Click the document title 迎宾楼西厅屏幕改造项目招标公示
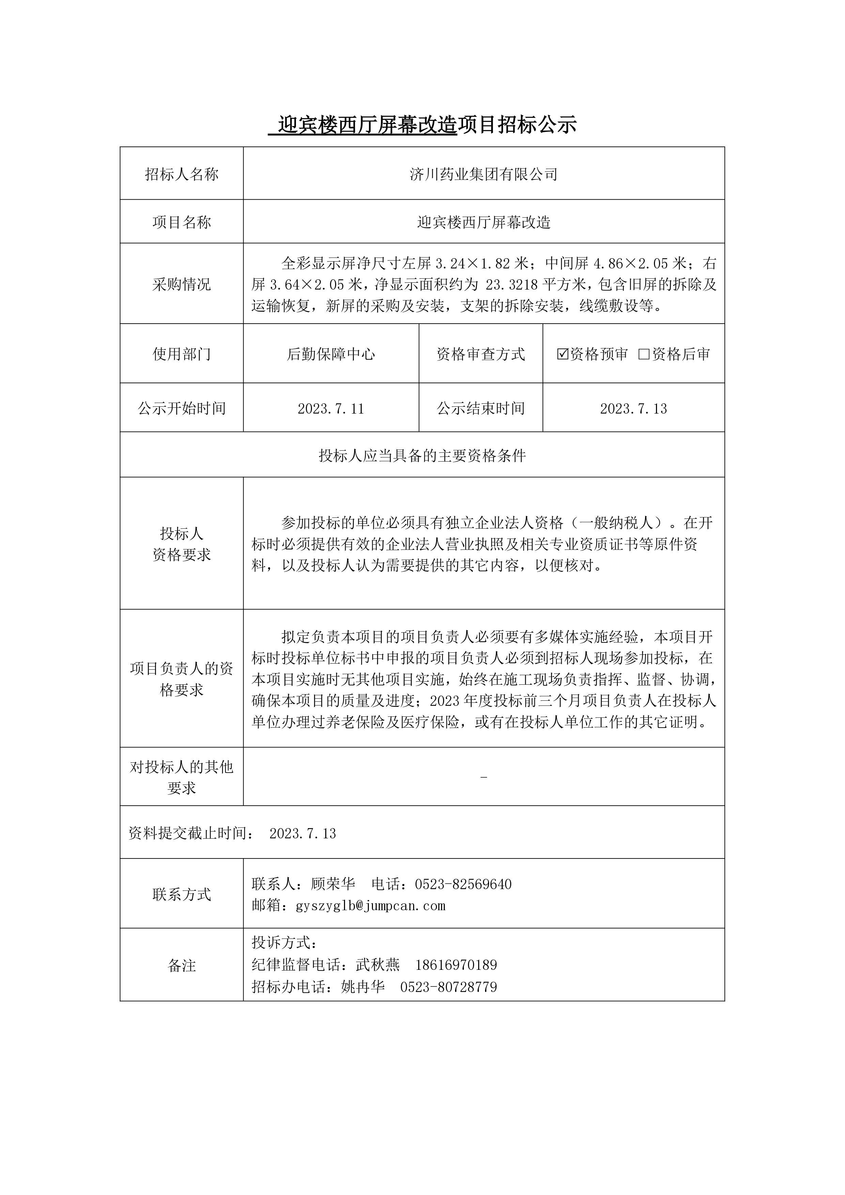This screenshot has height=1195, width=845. [x=422, y=125]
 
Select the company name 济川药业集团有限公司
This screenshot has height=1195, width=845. [x=483, y=174]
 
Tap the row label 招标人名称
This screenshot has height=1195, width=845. [x=182, y=174]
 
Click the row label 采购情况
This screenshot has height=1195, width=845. [x=182, y=284]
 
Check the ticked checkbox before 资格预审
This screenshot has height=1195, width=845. [x=562, y=354]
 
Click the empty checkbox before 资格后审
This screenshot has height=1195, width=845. [x=644, y=354]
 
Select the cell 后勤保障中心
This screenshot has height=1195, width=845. [x=331, y=354]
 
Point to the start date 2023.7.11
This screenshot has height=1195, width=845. [x=331, y=408]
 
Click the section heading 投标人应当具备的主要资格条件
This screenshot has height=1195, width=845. [x=422, y=456]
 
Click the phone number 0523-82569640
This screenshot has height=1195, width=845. [x=463, y=884]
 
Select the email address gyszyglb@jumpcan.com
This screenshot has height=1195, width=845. [x=371, y=906]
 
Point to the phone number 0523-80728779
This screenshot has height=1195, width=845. [x=449, y=987]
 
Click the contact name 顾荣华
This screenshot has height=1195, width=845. [x=333, y=884]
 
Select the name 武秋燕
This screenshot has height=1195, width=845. [x=378, y=965]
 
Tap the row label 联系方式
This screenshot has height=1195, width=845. [x=182, y=895]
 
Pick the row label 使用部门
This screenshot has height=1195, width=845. [x=182, y=354]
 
